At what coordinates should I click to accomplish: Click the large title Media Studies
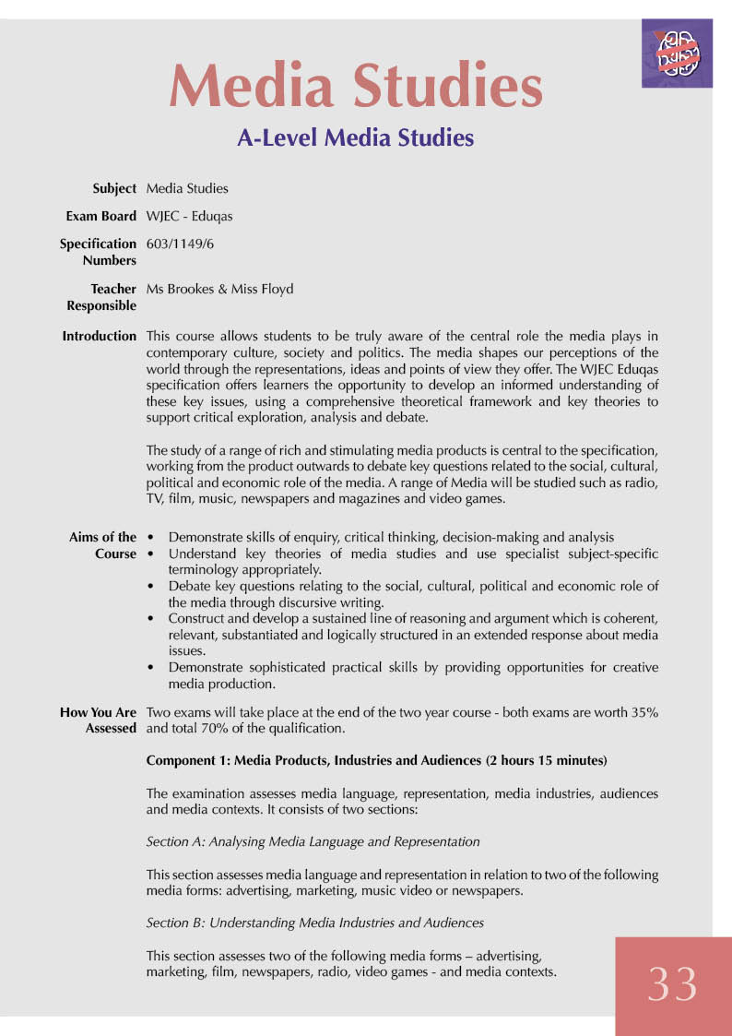[356, 88]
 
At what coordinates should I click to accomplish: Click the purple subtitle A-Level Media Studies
[356, 138]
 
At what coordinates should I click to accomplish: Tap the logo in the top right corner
[677, 54]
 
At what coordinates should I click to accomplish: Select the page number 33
[673, 985]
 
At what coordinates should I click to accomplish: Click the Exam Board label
[101, 216]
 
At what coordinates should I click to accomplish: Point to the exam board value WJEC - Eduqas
[189, 216]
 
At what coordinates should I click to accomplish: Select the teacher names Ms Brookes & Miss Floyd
[219, 289]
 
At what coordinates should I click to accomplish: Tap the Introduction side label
[100, 336]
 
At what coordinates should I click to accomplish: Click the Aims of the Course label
[103, 545]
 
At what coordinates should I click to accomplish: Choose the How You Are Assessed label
[99, 720]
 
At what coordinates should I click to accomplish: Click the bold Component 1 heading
[376, 761]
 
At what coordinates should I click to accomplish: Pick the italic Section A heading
[313, 841]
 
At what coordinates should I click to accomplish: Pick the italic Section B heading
[314, 923]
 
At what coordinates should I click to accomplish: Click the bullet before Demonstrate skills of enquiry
[150, 537]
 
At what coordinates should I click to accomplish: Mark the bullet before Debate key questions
[150, 587]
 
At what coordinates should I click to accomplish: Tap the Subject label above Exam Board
[114, 188]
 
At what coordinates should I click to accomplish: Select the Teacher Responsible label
[101, 297]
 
